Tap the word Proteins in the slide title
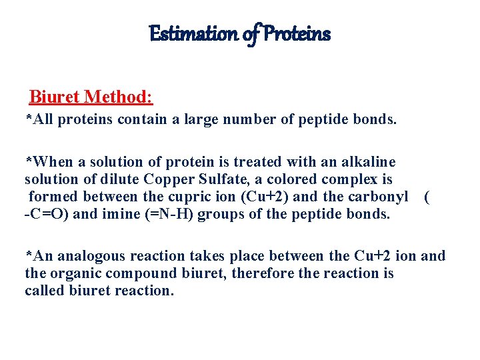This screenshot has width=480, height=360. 297,33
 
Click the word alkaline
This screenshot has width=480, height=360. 365,162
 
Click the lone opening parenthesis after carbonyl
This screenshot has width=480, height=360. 427,197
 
